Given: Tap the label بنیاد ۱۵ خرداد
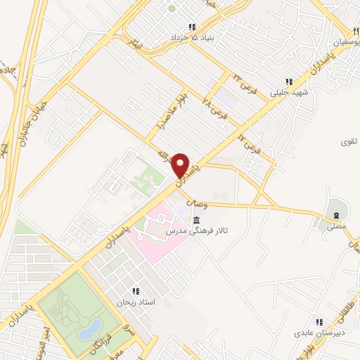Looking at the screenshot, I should [191, 37].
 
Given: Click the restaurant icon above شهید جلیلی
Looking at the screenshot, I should [288, 81].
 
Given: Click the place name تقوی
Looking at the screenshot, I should [349, 141].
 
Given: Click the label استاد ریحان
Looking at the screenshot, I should [136, 302].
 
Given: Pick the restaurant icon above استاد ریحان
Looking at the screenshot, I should [136, 290].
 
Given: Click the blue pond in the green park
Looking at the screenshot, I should [90, 327].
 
